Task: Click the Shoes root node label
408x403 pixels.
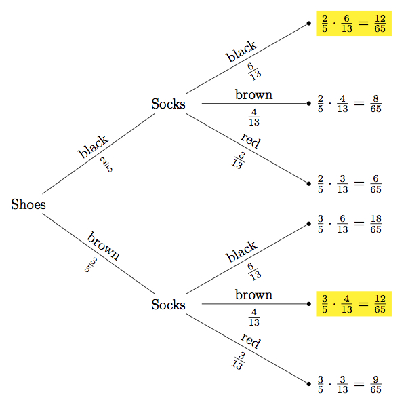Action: pyautogui.click(x=28, y=204)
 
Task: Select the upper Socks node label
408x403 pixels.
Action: pyautogui.click(x=168, y=104)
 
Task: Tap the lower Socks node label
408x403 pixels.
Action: pyautogui.click(x=168, y=305)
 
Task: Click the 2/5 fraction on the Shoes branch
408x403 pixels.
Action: pyautogui.click(x=106, y=165)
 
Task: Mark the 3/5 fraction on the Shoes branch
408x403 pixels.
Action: pyautogui.click(x=91, y=265)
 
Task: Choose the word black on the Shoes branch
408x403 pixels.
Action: pyautogui.click(x=93, y=147)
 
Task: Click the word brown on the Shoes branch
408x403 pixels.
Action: pyautogui.click(x=103, y=246)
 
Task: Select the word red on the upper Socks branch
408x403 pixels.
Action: pyautogui.click(x=250, y=141)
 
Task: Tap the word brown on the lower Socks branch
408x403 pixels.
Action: pyautogui.click(x=253, y=294)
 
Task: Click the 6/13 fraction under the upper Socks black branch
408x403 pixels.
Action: pyautogui.click(x=254, y=71)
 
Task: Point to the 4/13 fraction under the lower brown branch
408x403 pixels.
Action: pyautogui.click(x=254, y=316)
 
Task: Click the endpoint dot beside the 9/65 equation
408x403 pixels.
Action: pyautogui.click(x=309, y=385)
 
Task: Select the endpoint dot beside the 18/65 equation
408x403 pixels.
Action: pyautogui.click(x=309, y=224)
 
